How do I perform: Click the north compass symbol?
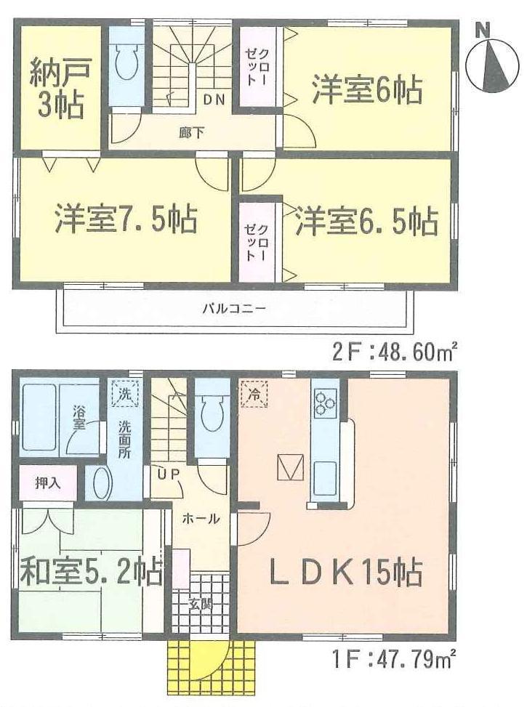[x=491, y=65]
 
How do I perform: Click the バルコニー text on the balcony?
[x=233, y=308]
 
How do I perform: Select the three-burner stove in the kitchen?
[x=324, y=402]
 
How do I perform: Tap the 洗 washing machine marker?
[x=124, y=394]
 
